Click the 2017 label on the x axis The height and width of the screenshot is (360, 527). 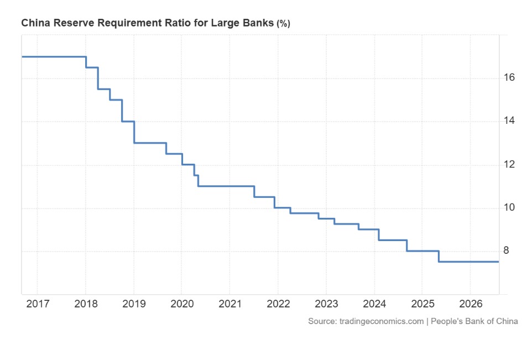pos(38,304)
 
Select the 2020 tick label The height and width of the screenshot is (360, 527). pos(182,304)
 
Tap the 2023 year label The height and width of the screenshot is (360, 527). pos(326,304)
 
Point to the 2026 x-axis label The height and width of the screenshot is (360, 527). pos(471,304)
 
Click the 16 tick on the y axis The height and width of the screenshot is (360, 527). pos(509,77)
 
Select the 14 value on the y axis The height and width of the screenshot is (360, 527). pos(509,121)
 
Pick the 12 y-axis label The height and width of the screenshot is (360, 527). pos(509,164)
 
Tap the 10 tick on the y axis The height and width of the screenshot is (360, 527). pos(509,207)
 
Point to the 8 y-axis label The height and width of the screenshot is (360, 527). pos(506,251)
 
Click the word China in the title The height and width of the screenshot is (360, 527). pos(35,23)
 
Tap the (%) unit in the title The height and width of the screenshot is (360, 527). pos(283,24)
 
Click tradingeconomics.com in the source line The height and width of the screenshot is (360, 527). pos(382,321)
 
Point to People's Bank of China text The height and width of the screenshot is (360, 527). pos(474,321)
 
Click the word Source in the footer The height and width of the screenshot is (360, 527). pos(322,321)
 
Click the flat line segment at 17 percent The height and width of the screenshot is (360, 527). pos(54,57)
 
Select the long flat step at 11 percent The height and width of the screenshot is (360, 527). pos(226,186)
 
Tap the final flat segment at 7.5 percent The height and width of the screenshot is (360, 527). pos(469,262)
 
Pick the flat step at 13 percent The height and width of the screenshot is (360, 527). pos(150,143)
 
